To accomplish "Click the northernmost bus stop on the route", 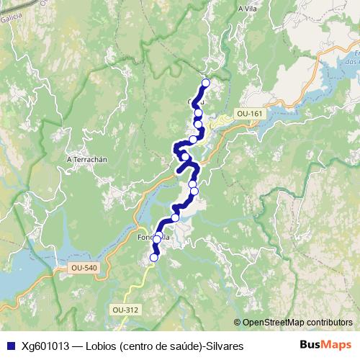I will click(x=206, y=83).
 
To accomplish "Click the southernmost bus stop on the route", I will click(x=153, y=257).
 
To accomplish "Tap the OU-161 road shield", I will click(x=251, y=114).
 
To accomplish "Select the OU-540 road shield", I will click(x=84, y=268).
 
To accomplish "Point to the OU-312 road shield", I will click(x=125, y=310).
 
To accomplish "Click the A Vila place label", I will click(x=247, y=9).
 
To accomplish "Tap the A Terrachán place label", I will click(x=86, y=159).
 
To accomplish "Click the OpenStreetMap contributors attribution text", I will click(x=297, y=322).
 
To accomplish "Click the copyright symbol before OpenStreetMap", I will click(x=238, y=322).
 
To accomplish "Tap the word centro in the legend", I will click(x=139, y=346).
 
